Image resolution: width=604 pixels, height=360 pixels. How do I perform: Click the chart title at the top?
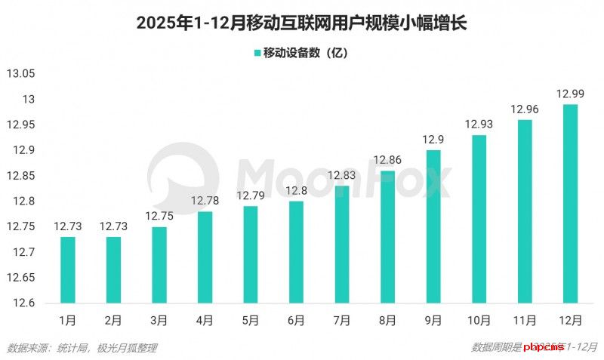click(302, 23)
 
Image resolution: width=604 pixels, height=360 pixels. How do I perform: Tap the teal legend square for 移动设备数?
click(257, 53)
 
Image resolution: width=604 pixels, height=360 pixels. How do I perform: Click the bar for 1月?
click(68, 269)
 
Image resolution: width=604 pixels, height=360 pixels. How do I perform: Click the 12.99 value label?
click(571, 94)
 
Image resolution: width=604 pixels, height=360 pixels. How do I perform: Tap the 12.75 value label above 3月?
click(159, 216)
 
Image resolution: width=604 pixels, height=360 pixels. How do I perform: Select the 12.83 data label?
click(342, 175)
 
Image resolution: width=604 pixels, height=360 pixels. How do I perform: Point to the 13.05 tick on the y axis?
click(20, 74)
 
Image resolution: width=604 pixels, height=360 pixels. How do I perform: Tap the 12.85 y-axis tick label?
click(20, 176)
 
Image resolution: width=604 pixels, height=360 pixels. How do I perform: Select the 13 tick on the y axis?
click(28, 100)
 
